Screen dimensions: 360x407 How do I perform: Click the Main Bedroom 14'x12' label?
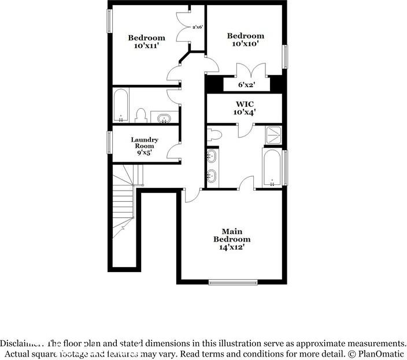pos(232,239)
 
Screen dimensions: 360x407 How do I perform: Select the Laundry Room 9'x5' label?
pos(145,146)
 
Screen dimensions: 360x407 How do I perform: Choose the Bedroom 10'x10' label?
pos(245,39)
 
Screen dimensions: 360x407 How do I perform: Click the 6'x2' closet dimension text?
pos(246,84)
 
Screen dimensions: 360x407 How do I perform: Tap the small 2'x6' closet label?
pos(197,27)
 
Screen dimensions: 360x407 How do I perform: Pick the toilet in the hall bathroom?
pos(140,116)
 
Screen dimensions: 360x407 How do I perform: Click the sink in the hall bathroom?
pos(164,118)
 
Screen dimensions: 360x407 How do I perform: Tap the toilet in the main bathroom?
pos(214,135)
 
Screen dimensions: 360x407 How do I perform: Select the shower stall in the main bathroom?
pos(273,135)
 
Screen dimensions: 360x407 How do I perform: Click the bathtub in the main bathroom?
pos(272,167)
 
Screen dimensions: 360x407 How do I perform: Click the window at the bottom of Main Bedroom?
pos(232,282)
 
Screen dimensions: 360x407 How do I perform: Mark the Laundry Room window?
pos(109,142)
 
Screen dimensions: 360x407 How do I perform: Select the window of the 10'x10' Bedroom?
pos(285,57)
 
